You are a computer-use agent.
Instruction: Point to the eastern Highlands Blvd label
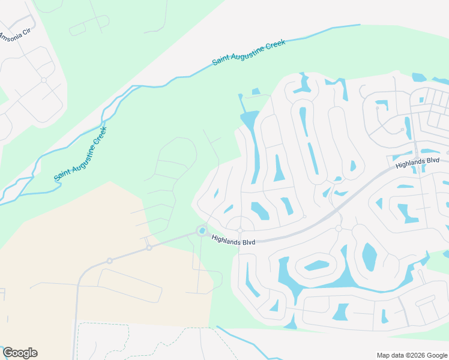pyautogui.click(x=417, y=162)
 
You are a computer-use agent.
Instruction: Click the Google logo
pyautogui.click(x=20, y=353)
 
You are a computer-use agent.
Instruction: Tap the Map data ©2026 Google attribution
pyautogui.click(x=412, y=355)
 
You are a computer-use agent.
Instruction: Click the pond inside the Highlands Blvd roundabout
pyautogui.click(x=202, y=231)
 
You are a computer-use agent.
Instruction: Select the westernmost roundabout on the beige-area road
pyautogui.click(x=109, y=260)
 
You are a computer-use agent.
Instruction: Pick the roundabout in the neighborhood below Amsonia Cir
pyautogui.click(x=43, y=79)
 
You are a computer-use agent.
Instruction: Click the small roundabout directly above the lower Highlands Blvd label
pyautogui.click(x=240, y=230)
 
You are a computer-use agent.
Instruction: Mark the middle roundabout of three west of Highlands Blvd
pyautogui.click(x=149, y=247)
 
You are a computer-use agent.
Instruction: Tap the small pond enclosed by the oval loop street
pyautogui.click(x=316, y=265)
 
